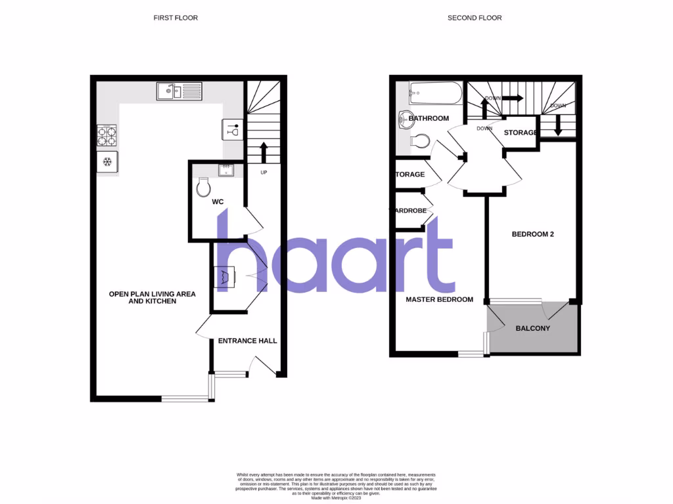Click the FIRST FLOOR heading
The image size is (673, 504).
[175, 18]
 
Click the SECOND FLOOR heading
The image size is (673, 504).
[475, 18]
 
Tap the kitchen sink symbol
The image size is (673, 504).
[179, 91]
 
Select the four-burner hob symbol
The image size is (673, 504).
[107, 136]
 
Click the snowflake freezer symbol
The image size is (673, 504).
[107, 161]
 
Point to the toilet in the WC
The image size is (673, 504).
[204, 188]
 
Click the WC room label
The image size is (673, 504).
[218, 202]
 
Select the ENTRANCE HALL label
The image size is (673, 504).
[247, 341]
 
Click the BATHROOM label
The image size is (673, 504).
[429, 119]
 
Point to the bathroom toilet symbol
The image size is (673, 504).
[421, 141]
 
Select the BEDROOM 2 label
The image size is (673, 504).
[533, 234]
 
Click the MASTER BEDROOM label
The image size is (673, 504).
[439, 299]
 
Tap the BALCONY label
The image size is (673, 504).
[532, 328]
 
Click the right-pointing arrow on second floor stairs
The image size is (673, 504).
[513, 98]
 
